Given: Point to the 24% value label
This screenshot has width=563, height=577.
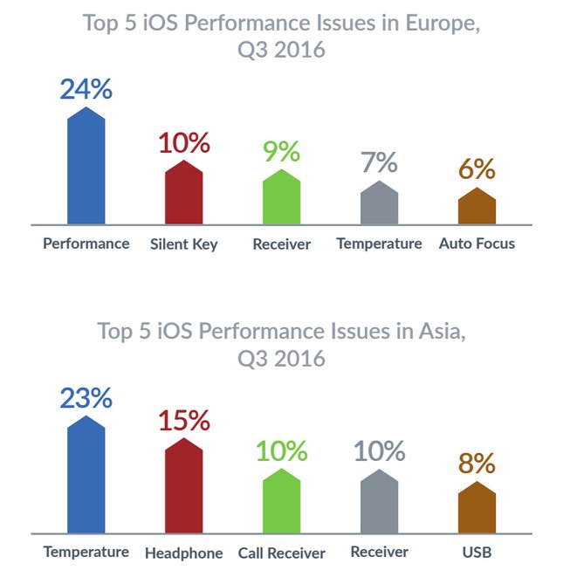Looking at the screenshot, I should [86, 89].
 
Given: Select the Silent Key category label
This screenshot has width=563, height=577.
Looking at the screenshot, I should [183, 244].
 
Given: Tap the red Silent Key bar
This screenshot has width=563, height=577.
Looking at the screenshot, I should [183, 195].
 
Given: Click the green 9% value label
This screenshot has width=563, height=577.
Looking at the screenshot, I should [281, 152].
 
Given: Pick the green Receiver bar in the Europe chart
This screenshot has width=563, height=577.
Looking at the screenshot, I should [281, 198].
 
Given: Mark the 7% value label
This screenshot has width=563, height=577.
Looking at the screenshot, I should [379, 163].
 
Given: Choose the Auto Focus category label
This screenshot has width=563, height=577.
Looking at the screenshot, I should [477, 244].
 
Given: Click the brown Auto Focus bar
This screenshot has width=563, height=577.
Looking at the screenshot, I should [477, 207].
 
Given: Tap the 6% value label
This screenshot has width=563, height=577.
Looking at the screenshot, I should [477, 169].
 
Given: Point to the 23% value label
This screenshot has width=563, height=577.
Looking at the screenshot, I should [86, 398].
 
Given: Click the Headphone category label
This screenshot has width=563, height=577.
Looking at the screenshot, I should [183, 553].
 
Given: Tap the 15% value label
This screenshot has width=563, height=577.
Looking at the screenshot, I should [183, 421].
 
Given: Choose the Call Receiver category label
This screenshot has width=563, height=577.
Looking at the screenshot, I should [281, 553].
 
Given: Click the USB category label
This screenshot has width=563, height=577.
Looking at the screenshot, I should [477, 553].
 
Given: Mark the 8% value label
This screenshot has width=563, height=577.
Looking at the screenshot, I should [477, 464].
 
